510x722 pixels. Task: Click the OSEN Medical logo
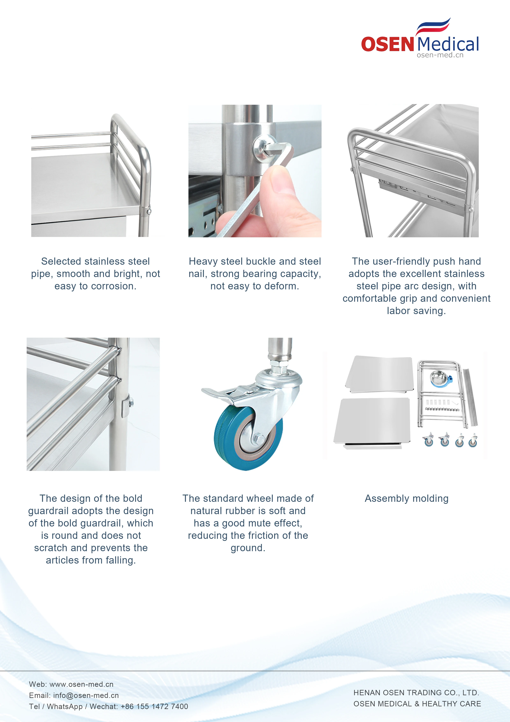(x=420, y=38)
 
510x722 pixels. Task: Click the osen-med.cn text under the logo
(x=440, y=55)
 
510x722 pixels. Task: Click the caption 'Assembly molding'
(x=407, y=498)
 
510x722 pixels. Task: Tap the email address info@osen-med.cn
(x=86, y=695)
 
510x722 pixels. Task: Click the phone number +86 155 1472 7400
(x=154, y=707)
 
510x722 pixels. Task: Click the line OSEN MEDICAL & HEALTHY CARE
(x=417, y=704)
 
